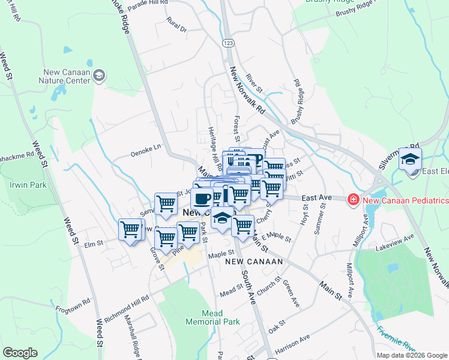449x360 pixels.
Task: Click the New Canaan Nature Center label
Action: (x=64, y=76)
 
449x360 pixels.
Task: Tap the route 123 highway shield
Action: (x=228, y=43)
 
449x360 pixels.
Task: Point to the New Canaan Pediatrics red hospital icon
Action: (x=354, y=199)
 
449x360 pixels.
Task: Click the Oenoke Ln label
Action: (x=146, y=150)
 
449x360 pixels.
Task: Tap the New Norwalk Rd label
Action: (x=247, y=91)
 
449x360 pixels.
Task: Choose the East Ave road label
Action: (x=317, y=197)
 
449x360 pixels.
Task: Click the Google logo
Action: (x=20, y=353)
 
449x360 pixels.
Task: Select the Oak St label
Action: (x=277, y=328)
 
